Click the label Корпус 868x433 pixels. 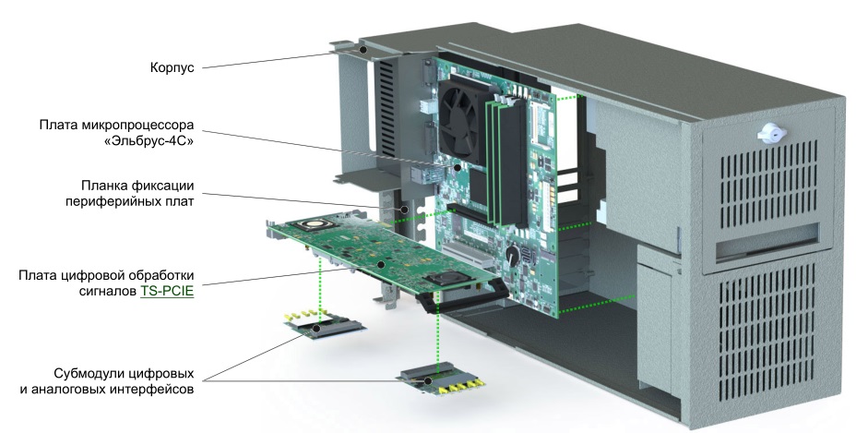(172, 67)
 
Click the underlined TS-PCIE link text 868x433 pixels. (168, 291)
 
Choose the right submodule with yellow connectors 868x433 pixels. (441, 379)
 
